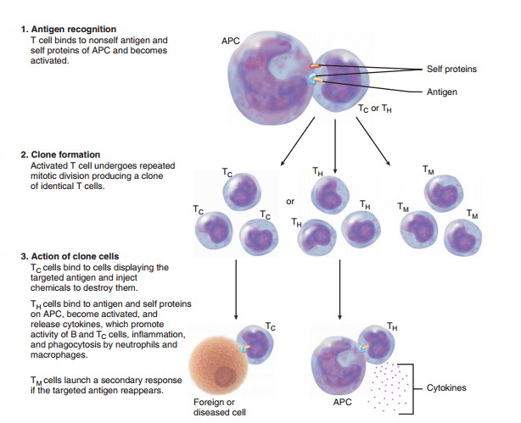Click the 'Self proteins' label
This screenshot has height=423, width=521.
(x=452, y=70)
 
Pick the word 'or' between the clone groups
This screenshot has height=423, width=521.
(x=290, y=202)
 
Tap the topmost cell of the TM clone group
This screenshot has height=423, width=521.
(x=442, y=192)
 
